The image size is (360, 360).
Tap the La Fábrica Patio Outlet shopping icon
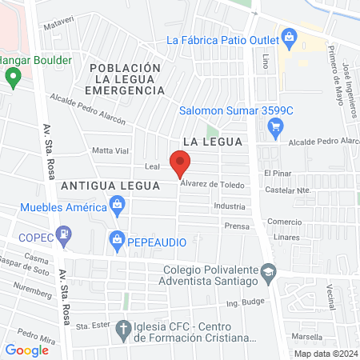(x=289, y=35)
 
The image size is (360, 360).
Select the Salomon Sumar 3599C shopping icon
(x=276, y=125)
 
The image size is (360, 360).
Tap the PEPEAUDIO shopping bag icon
(x=117, y=239)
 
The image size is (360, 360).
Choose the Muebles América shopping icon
(x=118, y=206)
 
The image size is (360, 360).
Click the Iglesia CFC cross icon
(x=122, y=328)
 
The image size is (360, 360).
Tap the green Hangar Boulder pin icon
(x=13, y=78)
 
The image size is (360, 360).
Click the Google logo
(x=26, y=350)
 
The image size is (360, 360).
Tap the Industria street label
(x=230, y=206)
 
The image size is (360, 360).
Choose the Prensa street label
(x=237, y=226)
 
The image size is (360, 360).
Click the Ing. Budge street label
(x=243, y=302)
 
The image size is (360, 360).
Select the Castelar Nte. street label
(x=292, y=191)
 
